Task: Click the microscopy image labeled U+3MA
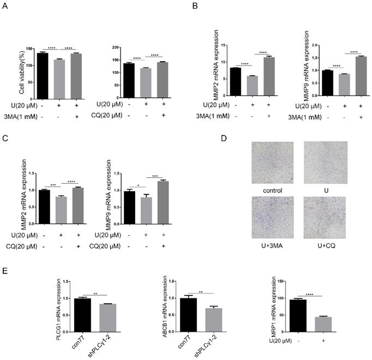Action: coord(272,217)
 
